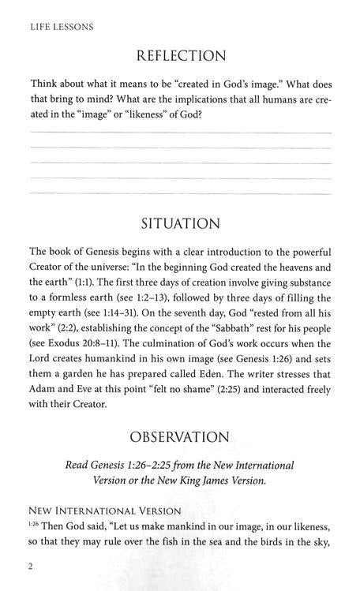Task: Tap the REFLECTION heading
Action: pyautogui.click(x=182, y=56)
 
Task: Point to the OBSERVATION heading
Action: pyautogui.click(x=182, y=436)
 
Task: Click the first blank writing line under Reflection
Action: pyautogui.click(x=180, y=133)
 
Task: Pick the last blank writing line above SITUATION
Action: pyautogui.click(x=180, y=193)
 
